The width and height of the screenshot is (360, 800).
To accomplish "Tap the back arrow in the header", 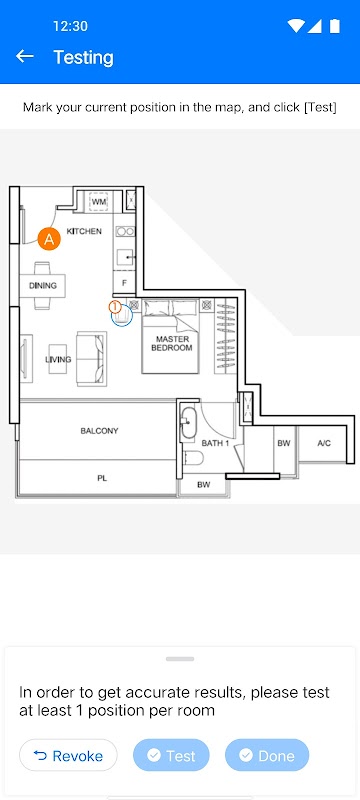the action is pos(24,57).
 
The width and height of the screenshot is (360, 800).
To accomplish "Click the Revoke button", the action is pos(68,755).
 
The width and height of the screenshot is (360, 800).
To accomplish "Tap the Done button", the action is pos(267,755).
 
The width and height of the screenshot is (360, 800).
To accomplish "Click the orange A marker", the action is pos(49,239).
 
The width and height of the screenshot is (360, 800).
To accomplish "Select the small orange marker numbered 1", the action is pos(115,307).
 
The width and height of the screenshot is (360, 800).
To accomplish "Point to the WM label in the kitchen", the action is pos(98,202).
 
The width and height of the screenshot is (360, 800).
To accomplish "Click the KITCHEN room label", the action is pos(84,231).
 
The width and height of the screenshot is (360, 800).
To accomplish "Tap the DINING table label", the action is pos(43,286).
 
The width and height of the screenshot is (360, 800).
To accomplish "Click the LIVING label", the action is pos(58,360).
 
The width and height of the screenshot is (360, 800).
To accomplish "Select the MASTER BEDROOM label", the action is pos(172,343).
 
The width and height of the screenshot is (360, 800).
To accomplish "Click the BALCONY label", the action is pos(99,431).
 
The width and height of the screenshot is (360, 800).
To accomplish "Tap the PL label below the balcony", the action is pos(102,479).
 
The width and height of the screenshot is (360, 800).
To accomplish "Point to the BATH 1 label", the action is pos(215,443).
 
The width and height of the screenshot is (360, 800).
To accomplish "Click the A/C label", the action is pos(324,443).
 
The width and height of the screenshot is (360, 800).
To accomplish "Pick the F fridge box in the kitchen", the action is pos(124,282).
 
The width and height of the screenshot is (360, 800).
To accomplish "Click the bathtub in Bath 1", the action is pos(188,423).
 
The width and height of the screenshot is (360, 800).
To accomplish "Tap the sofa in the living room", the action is pos(92,359).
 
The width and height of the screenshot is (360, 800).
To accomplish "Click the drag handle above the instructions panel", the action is pos(180,659).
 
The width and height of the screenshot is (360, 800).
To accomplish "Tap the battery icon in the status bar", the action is pos(335,26).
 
